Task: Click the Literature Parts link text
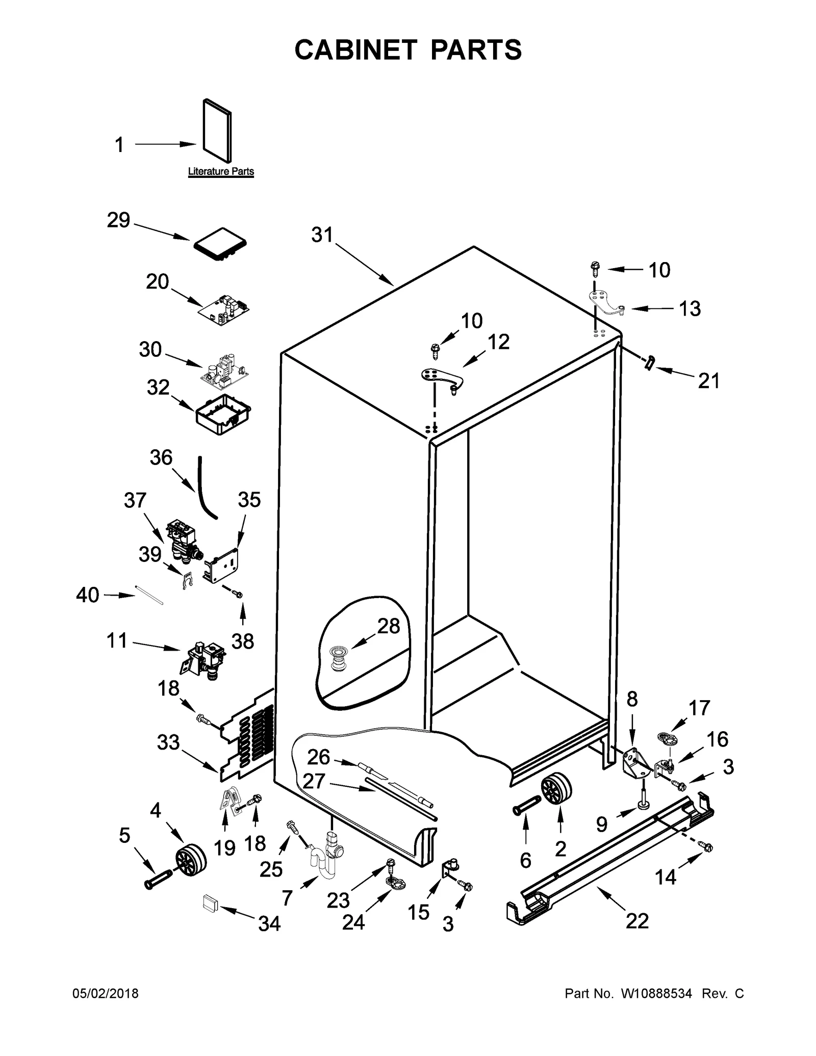(x=221, y=171)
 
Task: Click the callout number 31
(x=322, y=235)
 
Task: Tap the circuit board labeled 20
(x=225, y=310)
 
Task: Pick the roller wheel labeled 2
(x=555, y=790)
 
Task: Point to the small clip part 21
(x=649, y=363)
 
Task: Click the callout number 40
(x=87, y=595)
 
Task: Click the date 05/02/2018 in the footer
(x=106, y=993)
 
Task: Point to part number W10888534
(x=656, y=993)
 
